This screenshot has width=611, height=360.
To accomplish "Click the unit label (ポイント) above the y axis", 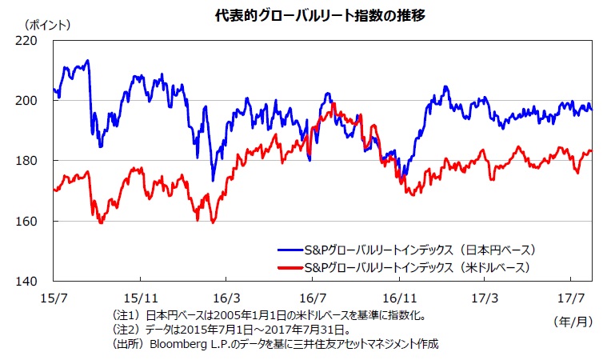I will (47, 24).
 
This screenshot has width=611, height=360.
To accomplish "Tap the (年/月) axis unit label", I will (573, 320).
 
